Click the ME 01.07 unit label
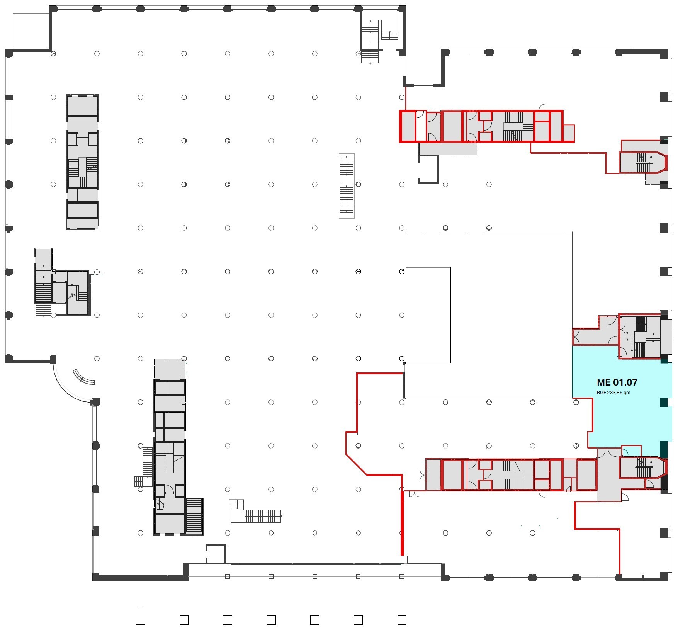coord(617,382)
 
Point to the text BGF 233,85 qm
coord(613,393)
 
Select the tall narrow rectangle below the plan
coord(141,615)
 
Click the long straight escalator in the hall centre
coord(347,186)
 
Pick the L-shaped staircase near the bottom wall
coord(256,512)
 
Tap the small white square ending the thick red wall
coord(404,559)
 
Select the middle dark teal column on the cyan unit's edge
coord(664,402)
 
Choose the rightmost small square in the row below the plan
coord(402,620)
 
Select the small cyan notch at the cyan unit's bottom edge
coord(631,451)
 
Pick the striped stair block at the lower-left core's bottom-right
coord(194,516)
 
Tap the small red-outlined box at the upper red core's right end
coord(569,133)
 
